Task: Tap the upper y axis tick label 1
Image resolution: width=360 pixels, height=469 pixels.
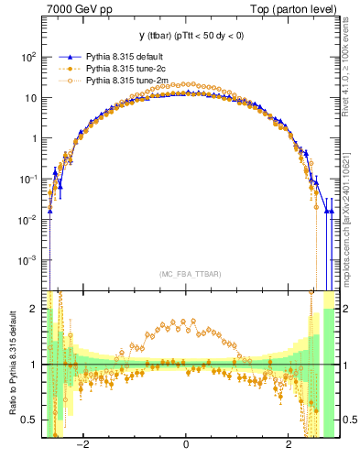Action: [x=33, y=139]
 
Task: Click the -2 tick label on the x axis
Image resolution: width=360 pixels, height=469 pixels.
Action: [x=83, y=446]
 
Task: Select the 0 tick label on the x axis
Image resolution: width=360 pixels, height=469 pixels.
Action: [x=186, y=446]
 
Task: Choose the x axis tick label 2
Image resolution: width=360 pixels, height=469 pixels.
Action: [x=289, y=446]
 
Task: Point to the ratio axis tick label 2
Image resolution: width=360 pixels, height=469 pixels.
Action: [x=34, y=310]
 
